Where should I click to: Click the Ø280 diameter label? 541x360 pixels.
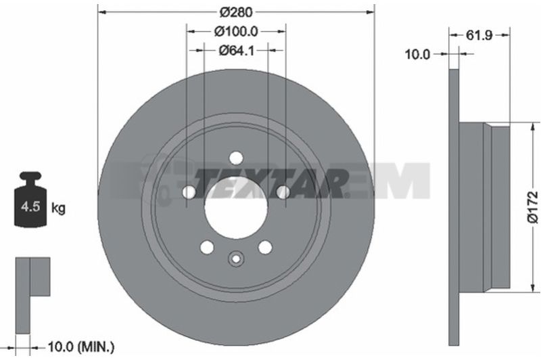point(236,12)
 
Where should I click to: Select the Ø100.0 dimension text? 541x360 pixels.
point(236,32)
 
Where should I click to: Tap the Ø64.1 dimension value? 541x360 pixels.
point(237,51)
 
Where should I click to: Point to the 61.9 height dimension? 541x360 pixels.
point(479,35)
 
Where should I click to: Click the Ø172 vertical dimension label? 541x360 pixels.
point(533,207)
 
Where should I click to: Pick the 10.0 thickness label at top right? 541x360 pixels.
point(417,54)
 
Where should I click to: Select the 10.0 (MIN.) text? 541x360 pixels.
point(80,347)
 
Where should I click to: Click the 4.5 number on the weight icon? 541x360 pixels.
point(30,207)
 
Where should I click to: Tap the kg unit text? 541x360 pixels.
point(58,208)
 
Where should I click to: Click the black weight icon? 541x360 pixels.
point(30,200)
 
